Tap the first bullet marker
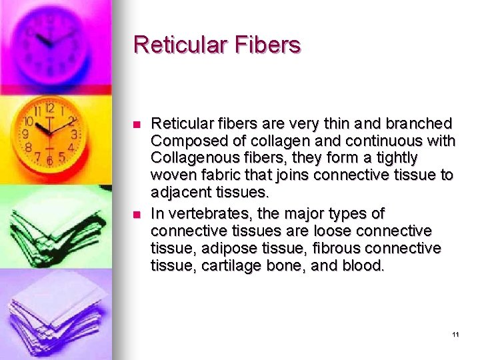tap(136, 125)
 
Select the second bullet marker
tap(136, 215)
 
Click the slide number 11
tap(455, 334)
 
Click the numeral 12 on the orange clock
tap(49, 107)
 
